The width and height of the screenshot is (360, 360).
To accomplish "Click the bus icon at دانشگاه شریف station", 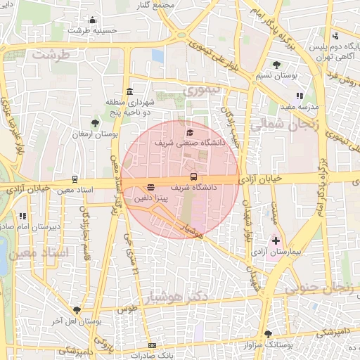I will (x=194, y=176).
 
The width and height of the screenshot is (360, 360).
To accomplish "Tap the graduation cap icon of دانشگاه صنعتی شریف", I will (x=188, y=132).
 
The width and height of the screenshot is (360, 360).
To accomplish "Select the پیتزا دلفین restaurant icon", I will (x=150, y=187).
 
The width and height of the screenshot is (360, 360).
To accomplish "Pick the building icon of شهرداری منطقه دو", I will (x=129, y=92).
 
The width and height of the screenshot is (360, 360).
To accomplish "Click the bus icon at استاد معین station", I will (x=75, y=179).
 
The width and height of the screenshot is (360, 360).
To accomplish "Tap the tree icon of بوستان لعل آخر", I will (x=76, y=310).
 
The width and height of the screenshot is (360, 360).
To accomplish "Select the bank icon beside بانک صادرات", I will (x=152, y=345).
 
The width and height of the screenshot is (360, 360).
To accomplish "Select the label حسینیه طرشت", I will (x=90, y=30).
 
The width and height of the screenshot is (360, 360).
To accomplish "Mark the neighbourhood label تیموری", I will (x=202, y=90).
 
